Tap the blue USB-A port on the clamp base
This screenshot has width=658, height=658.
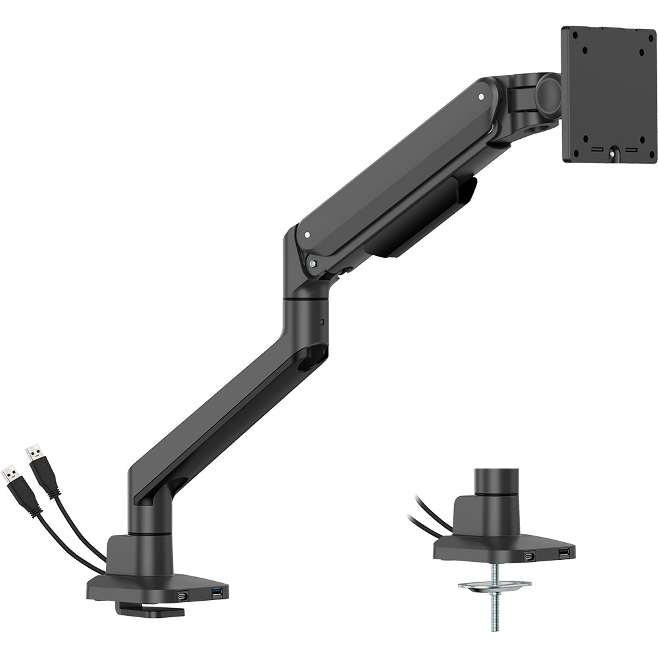216,595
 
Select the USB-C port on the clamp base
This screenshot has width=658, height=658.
182,596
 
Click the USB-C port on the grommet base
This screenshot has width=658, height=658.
528,557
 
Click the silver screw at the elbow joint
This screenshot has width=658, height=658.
313,262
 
